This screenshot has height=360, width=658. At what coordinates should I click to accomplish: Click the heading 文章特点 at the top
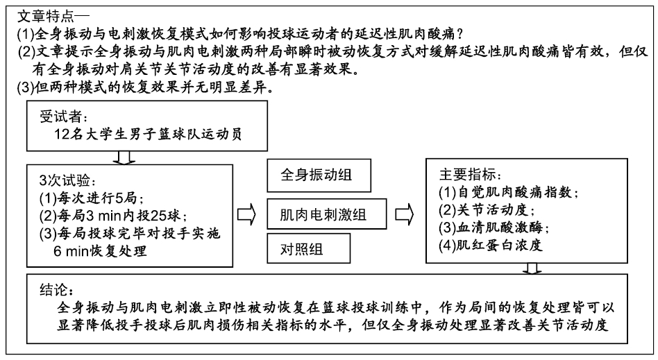47,17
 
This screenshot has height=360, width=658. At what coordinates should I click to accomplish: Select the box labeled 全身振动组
319,175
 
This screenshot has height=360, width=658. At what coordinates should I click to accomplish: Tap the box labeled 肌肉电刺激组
326,214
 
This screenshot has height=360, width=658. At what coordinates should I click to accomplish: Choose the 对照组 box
308,248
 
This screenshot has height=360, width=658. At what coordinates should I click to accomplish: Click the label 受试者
64,117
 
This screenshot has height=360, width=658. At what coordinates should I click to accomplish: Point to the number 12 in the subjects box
62,135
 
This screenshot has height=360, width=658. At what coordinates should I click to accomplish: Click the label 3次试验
67,180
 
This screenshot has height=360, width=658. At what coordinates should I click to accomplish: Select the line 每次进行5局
92,198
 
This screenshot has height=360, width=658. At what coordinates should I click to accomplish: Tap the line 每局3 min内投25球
113,216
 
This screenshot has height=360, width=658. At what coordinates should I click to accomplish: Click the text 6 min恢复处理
100,251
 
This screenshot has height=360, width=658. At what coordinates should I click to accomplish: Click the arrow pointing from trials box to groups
246,214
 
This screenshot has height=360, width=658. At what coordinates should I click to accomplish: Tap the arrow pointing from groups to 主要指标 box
405,214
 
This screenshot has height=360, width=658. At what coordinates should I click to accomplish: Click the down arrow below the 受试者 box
124,157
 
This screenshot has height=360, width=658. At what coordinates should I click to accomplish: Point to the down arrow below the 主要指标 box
532,269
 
